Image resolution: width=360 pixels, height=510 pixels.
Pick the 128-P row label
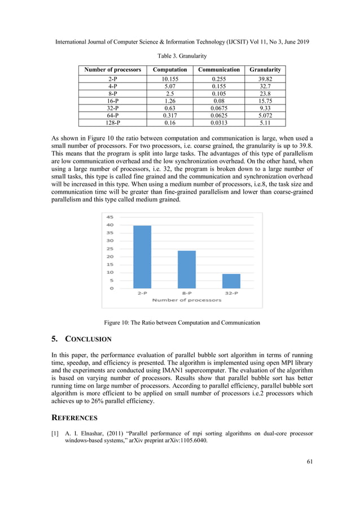pos(113,121)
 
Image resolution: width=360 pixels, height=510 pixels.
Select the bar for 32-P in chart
pos(231,281)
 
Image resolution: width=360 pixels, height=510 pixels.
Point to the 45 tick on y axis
pos(110,217)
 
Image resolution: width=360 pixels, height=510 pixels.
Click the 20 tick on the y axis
pos(110,256)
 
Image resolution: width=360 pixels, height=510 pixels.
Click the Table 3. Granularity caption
pos(180,56)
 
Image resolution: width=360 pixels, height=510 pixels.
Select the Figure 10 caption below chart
pos(182,322)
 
